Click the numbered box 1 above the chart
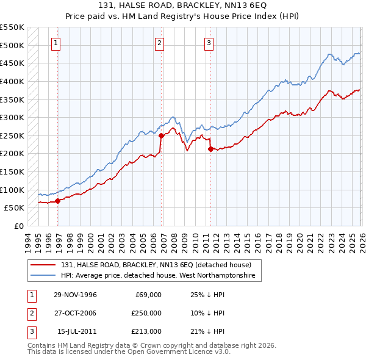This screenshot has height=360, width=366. [56, 43]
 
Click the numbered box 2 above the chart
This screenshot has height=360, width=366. [159, 43]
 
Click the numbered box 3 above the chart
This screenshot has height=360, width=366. [209, 43]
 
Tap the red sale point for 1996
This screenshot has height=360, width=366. [58, 200]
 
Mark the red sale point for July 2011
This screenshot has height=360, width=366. [210, 148]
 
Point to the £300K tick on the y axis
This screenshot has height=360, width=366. [12, 117]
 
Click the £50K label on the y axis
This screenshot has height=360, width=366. [13, 207]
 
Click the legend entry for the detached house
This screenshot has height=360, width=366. [156, 265]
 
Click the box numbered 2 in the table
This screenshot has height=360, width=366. [30, 313]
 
